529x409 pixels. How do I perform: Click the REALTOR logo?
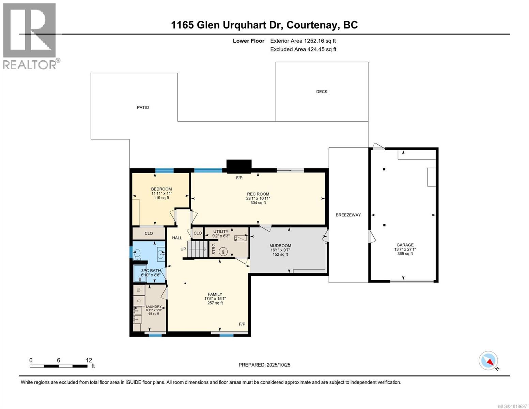tap(30, 35)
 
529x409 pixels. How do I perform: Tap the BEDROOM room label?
tap(161, 189)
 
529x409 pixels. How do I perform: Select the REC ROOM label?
tap(258, 194)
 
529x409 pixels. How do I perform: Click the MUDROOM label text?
tap(280, 245)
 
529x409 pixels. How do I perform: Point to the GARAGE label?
tap(405, 245)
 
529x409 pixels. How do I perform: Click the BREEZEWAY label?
tap(348, 215)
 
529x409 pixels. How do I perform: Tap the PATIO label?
tap(143, 107)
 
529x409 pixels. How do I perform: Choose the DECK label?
tap(322, 91)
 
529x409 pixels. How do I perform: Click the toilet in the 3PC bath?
tap(137, 253)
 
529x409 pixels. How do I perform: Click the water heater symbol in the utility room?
tap(223, 252)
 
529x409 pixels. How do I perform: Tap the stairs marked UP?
tap(198, 249)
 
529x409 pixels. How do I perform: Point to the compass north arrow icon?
tap(488, 361)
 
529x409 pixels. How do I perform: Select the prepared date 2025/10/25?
tap(264, 365)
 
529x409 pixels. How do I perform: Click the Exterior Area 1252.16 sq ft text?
tap(303, 41)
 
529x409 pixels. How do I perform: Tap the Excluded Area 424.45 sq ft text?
tap(303, 49)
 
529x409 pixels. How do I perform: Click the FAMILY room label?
tap(215, 294)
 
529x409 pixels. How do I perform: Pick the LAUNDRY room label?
tap(153, 306)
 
